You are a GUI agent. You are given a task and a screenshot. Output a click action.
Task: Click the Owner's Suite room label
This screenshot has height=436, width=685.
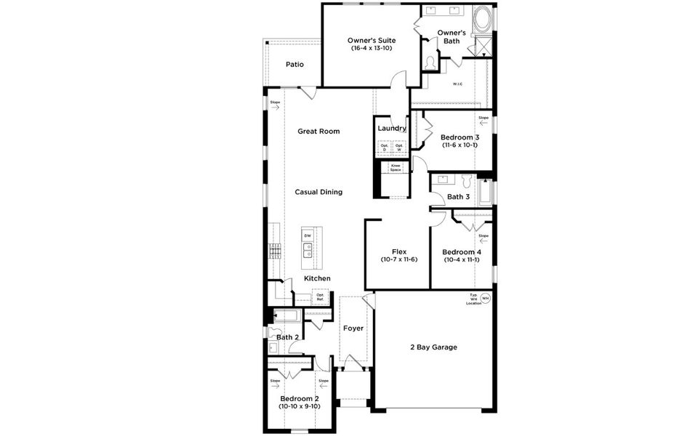[x=371, y=41]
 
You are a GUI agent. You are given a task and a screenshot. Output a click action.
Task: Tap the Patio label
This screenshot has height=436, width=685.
[x=295, y=65]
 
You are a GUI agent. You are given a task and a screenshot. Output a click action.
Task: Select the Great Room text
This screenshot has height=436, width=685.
[x=319, y=132]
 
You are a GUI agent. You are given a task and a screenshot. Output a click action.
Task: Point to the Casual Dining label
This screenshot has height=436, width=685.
[x=319, y=192]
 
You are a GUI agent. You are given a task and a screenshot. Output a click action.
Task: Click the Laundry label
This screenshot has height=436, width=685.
[x=391, y=129]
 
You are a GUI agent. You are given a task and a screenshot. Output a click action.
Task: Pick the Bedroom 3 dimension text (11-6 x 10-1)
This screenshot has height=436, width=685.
[x=460, y=145]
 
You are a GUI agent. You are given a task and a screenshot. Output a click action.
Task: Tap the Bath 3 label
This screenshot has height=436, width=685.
[x=458, y=197]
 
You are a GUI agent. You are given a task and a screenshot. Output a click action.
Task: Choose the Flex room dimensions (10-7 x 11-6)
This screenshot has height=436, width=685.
[x=398, y=259]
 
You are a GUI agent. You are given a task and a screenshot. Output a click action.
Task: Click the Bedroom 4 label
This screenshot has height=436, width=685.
[x=462, y=252]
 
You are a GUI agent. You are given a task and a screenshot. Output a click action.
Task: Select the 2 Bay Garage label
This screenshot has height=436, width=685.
[x=434, y=347]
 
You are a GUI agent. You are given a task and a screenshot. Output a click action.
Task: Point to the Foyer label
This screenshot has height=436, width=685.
[x=353, y=328]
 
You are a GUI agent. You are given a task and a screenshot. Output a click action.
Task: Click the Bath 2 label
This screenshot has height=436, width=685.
[x=288, y=337]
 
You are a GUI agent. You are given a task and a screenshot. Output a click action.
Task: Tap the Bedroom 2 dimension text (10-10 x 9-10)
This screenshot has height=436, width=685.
[x=299, y=407]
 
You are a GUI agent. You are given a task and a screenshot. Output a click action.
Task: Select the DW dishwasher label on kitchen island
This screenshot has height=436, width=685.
[x=308, y=236]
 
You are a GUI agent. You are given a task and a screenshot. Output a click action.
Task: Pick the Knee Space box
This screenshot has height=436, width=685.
[x=396, y=168]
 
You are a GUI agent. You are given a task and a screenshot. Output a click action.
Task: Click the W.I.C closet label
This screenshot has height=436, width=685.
[x=457, y=84]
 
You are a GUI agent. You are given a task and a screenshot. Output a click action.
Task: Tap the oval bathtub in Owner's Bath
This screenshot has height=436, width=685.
[x=483, y=20]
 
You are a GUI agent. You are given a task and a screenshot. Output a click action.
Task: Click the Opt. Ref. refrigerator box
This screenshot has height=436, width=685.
[x=320, y=296]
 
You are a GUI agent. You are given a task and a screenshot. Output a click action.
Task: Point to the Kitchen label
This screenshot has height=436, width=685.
[x=317, y=278]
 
